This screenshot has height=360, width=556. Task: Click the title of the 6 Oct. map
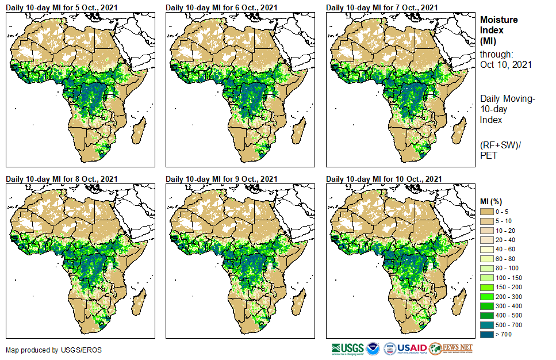(x=221, y=7)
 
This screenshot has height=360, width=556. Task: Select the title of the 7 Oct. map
(x=382, y=7)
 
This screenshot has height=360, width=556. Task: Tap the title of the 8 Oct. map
(x=62, y=179)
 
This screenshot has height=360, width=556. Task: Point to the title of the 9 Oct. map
(x=221, y=179)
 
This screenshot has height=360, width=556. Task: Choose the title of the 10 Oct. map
(x=384, y=179)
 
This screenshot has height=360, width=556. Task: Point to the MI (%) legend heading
(x=494, y=201)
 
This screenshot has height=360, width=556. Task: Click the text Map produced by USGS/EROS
(x=46, y=350)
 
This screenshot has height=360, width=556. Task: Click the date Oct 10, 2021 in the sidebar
(x=505, y=64)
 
